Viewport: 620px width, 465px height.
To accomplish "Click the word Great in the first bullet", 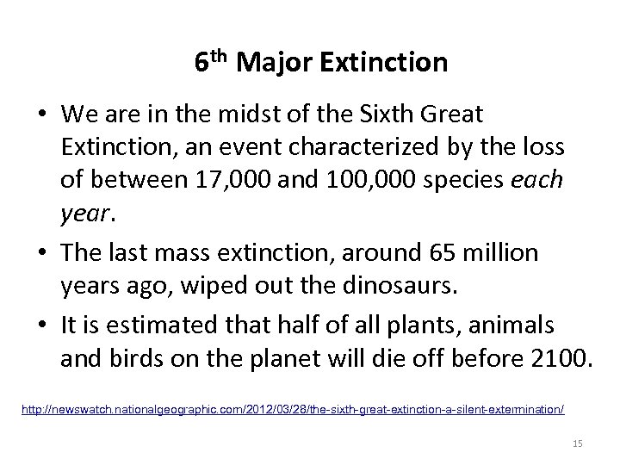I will point(454,114).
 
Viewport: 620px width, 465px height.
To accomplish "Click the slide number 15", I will point(578,443).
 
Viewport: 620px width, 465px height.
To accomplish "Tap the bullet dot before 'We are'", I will point(43,114).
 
